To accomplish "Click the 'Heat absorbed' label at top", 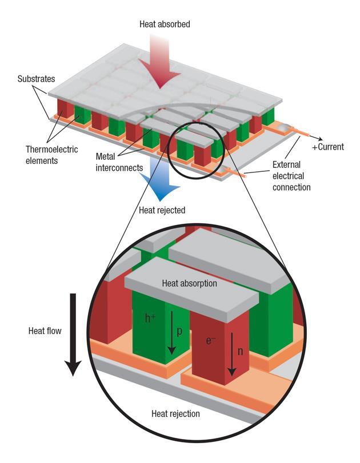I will coord(165,25).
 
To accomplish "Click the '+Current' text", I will coord(327,147).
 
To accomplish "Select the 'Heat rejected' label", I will coord(162,210).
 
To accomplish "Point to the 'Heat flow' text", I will coord(44,330).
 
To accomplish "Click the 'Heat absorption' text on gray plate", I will coord(190,283).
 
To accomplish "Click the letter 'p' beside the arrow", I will coord(179,331).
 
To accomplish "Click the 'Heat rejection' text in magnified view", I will coord(175,413).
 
